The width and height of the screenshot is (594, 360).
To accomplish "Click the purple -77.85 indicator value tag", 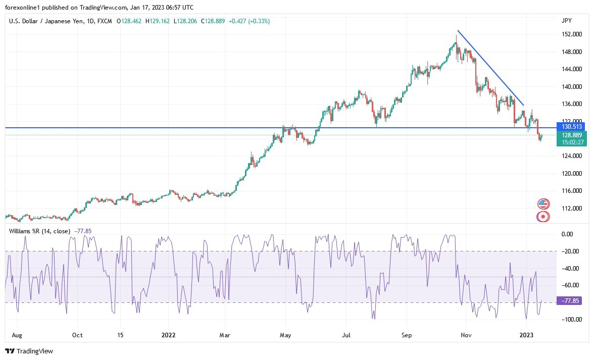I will coord(568,300).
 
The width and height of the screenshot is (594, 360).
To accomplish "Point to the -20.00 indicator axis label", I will coord(570,251).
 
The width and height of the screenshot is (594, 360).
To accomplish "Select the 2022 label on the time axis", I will coord(168,335).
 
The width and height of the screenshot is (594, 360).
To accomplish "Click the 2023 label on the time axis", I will coord(527,335).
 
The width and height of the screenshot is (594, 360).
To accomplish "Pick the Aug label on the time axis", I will coord(17,335).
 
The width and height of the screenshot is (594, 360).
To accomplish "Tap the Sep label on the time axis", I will coord(407,335).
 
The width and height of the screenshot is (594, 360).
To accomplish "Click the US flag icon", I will coord(543,204).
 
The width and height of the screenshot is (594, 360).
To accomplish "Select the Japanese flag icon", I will coord(543,217).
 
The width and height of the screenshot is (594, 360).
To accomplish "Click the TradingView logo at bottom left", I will coord(29,351).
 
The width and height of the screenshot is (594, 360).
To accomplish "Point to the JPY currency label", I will coord(566,21).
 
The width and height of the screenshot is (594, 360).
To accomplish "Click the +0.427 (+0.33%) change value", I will coord(249,21).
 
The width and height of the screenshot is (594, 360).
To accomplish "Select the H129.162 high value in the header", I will coord(159,21).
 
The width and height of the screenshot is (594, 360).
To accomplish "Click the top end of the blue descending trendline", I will coord(458,31).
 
